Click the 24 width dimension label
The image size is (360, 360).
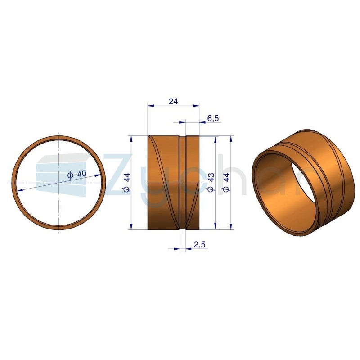click(173, 101)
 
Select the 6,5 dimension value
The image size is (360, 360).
click(213, 118)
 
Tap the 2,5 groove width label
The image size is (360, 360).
click(200, 245)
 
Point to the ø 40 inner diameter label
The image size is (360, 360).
click(77, 175)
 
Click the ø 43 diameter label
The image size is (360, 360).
click(211, 182)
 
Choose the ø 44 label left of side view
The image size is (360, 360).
click(127, 182)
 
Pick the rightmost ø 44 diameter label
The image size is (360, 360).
click(226, 182)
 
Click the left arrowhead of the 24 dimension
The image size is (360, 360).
click(151, 105)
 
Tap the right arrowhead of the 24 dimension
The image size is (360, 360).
click(196, 105)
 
